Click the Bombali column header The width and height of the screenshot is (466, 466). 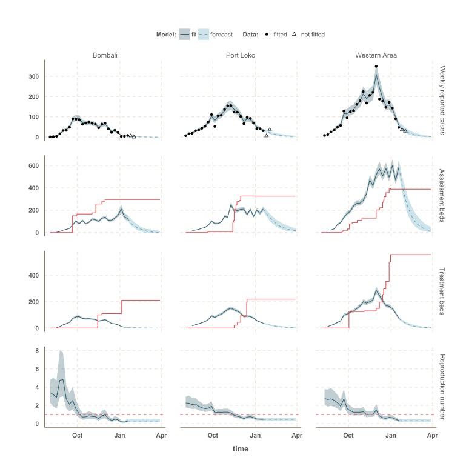105,55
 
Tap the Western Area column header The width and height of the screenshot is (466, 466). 376,55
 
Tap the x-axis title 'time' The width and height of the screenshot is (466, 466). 241,449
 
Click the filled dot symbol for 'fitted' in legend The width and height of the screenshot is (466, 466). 267,35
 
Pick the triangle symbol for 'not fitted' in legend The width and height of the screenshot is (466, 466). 294,35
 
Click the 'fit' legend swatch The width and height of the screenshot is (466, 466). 185,35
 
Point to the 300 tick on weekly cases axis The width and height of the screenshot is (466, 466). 34,76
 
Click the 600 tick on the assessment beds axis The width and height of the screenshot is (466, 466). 34,165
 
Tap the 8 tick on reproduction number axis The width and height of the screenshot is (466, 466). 37,351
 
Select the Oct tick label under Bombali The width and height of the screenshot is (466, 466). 78,436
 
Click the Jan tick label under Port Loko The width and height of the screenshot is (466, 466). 255,436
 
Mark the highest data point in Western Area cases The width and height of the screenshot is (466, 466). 376,66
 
